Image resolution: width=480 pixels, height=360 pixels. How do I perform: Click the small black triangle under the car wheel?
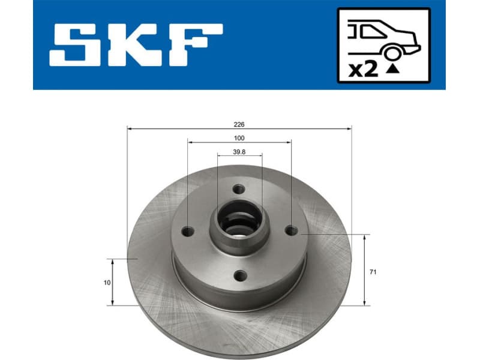click(x=392, y=69)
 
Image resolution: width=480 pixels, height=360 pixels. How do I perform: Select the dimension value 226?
click(x=239, y=124)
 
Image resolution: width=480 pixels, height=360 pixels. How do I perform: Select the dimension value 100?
click(x=239, y=138)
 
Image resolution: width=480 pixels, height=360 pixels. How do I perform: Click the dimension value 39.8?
click(x=239, y=152)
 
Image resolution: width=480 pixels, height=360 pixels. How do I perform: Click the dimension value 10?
click(x=107, y=283)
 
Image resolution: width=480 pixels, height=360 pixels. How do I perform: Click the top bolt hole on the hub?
click(x=239, y=188)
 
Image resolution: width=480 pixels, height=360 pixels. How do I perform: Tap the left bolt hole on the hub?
click(x=188, y=231)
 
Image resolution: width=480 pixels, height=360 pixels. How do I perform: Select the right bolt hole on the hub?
click(x=291, y=230)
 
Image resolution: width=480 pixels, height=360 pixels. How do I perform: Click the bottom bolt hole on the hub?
click(x=240, y=275)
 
